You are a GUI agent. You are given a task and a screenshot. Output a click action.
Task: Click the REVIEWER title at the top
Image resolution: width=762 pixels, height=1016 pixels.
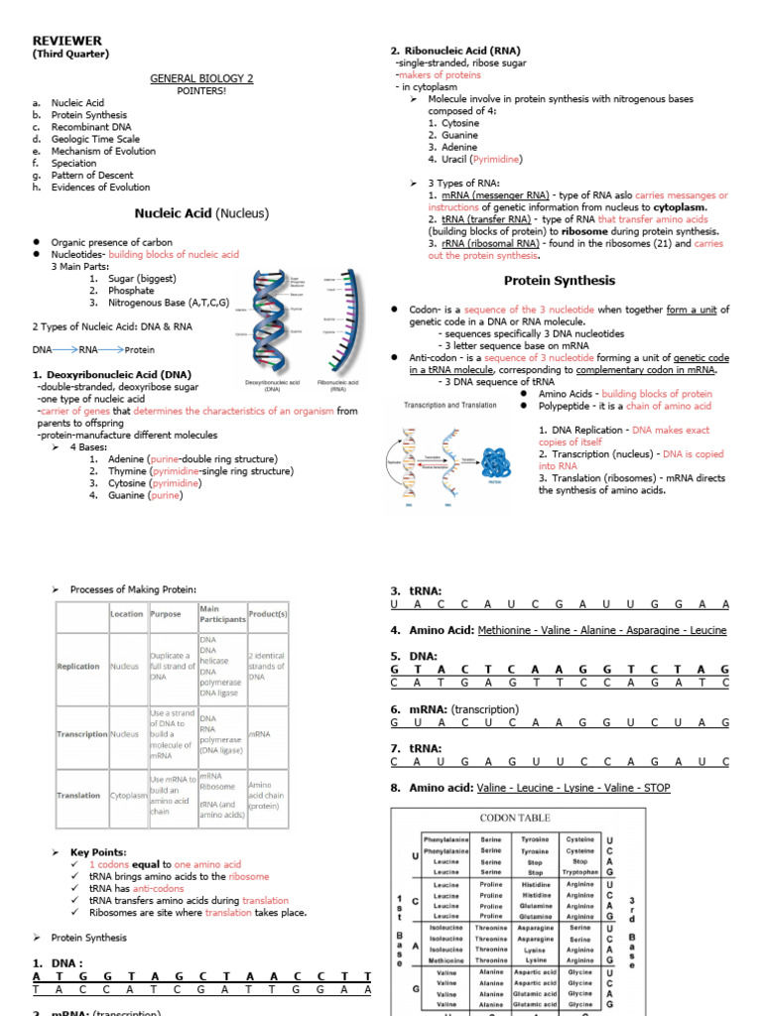click(67, 40)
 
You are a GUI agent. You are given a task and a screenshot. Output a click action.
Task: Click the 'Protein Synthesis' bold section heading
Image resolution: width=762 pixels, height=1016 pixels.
click(559, 281)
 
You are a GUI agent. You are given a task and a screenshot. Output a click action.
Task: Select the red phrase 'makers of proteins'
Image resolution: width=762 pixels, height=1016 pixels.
click(438, 74)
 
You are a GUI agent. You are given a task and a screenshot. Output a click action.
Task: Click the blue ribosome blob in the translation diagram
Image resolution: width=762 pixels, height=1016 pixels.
click(494, 462)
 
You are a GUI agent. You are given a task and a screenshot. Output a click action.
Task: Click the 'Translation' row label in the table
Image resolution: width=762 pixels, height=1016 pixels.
click(78, 795)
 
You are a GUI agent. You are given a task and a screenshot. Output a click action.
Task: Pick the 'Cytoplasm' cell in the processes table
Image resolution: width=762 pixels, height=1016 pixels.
click(126, 795)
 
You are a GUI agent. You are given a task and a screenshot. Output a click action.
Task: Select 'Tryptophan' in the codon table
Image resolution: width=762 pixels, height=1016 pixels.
click(579, 872)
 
